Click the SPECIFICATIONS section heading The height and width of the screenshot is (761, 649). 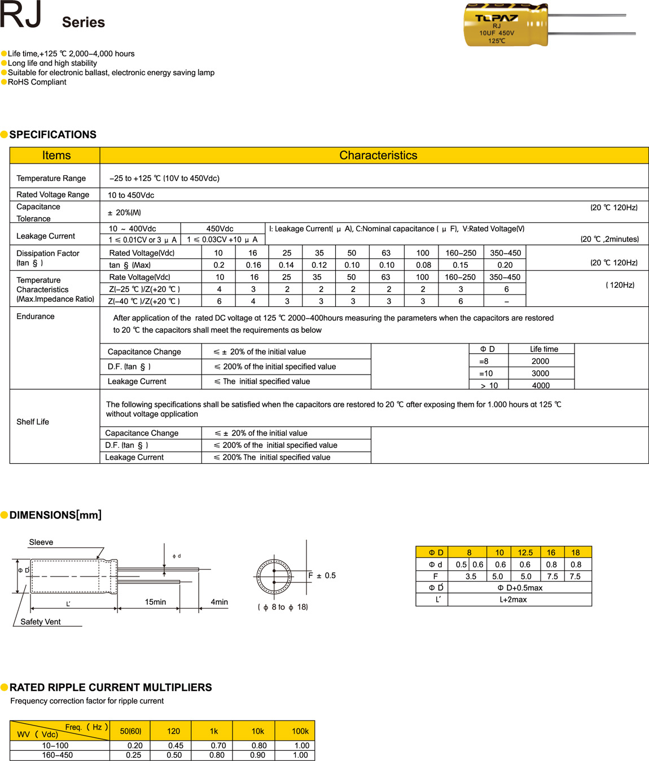[52, 135]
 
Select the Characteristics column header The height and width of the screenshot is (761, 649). [378, 156]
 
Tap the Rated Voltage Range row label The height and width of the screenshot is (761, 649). [53, 195]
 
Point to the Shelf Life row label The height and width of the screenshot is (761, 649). [33, 422]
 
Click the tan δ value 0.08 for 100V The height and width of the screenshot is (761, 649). [423, 265]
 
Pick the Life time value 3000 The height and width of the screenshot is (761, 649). [540, 373]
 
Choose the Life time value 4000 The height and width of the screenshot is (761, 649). [541, 385]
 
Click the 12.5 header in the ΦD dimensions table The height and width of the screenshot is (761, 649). [525, 553]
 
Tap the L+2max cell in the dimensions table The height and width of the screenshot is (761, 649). [513, 600]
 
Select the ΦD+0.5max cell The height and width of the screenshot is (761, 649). [520, 588]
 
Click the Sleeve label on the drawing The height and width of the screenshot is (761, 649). [41, 542]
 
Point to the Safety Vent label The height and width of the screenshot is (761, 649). [41, 622]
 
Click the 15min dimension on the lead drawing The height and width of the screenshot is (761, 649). [155, 602]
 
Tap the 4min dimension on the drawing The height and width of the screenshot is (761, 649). [219, 602]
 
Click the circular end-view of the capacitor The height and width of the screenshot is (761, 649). [274, 577]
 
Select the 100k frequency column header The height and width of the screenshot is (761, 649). [300, 731]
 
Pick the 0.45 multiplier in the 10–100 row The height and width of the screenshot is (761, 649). [176, 746]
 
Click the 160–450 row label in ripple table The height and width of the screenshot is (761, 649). [57, 755]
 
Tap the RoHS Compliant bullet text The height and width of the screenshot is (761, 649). [37, 82]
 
